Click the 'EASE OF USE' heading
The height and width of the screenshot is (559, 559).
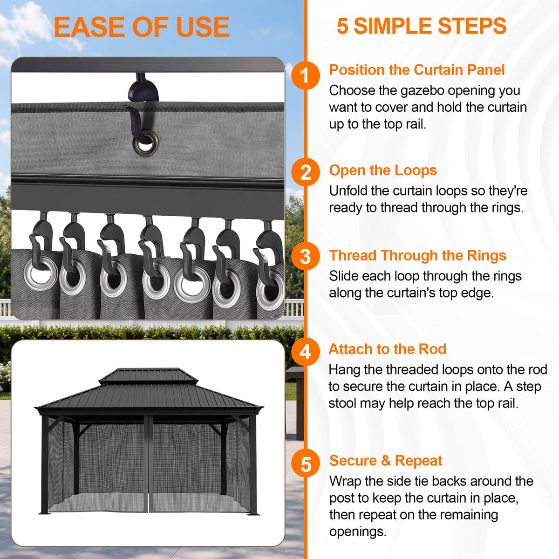coord(142,27)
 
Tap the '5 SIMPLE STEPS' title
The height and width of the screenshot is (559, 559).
coord(422,26)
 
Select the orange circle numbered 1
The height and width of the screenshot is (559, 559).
coord(305,75)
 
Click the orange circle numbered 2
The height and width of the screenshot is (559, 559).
coord(306,172)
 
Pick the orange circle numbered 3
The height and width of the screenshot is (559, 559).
coord(306,256)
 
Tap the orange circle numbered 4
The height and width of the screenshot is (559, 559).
coord(306,352)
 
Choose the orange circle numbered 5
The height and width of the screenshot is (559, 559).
coord(306,464)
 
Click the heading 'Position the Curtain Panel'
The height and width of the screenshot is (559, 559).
coord(417,70)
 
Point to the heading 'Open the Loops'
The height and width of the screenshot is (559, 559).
coord(383,170)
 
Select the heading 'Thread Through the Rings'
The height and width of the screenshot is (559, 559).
coord(417,256)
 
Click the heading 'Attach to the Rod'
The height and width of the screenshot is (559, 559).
coord(387,349)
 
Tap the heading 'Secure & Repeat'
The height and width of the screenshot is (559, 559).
coord(386,461)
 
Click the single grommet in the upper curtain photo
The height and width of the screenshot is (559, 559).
coord(145,143)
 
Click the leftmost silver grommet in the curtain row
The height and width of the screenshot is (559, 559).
coord(41,273)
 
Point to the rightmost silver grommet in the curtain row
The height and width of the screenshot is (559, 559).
coord(270,290)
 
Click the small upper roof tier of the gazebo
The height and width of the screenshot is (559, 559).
coord(148,376)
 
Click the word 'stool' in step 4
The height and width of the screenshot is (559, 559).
coord(342,403)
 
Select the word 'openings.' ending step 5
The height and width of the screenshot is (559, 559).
coord(358,532)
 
